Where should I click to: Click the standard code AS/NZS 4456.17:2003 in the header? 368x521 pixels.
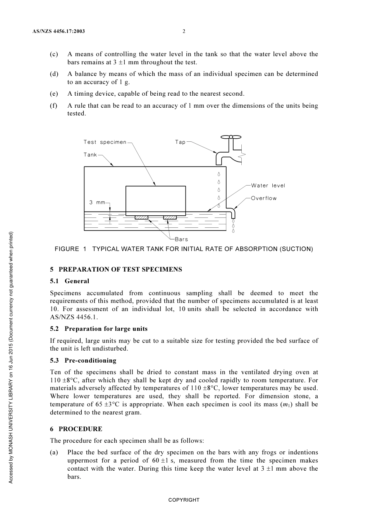[58, 31]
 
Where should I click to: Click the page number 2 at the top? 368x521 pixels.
[184, 31]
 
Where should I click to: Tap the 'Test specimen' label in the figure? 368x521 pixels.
[105, 142]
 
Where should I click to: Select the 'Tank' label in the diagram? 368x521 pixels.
[90, 155]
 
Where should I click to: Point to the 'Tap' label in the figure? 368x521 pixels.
[180, 142]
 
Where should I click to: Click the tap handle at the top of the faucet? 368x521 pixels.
[230, 137]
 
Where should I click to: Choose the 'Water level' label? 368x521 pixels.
[268, 186]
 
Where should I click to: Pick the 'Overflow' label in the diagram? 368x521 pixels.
[264, 198]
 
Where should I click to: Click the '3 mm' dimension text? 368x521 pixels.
[97, 202]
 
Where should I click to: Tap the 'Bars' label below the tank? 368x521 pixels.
[181, 239]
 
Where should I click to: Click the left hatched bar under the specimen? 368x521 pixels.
[141, 217]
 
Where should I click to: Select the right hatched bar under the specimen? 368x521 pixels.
[170, 217]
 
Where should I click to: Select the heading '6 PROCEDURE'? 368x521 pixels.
[76, 429]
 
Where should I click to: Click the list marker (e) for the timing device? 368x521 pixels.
[54, 94]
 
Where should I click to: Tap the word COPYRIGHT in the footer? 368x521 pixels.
[184, 500]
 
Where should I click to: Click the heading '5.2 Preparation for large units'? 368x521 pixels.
[98, 328]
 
